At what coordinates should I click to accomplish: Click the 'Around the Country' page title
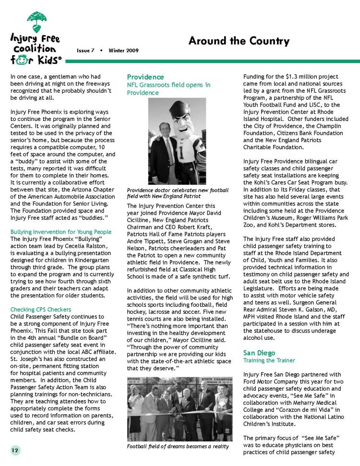point(239,41)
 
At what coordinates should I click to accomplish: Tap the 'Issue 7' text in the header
point(86,50)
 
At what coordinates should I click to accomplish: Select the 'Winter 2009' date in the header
point(123,50)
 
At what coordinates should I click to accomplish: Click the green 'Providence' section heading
point(145,77)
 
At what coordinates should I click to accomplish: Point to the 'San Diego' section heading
point(260,353)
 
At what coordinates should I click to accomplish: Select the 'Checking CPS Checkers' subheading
point(41,310)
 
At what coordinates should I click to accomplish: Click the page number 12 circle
point(15,450)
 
